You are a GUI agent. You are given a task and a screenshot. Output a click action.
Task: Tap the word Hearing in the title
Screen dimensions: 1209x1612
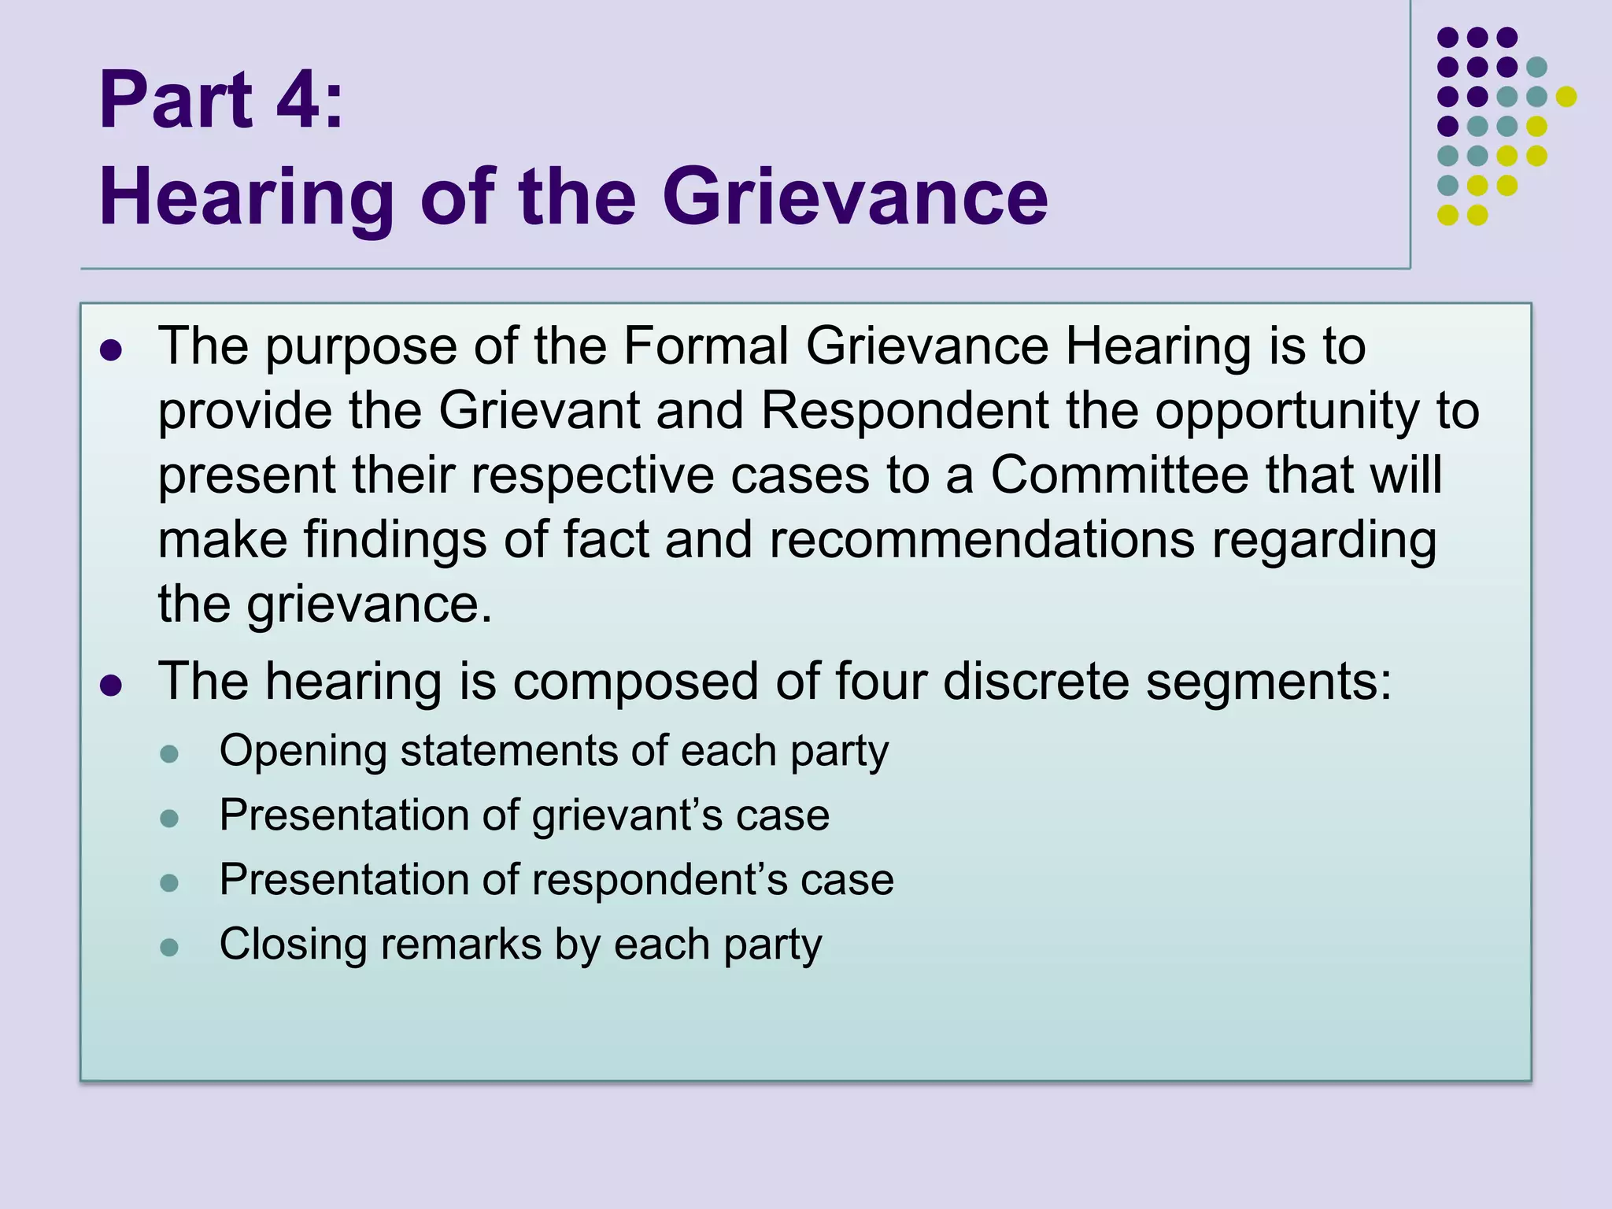[246, 198]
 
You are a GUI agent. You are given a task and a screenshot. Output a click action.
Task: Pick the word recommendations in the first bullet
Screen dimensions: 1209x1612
[982, 540]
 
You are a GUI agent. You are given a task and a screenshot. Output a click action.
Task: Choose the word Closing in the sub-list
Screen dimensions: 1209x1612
[293, 945]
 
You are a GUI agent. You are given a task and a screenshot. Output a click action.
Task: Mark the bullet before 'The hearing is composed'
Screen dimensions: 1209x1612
[111, 685]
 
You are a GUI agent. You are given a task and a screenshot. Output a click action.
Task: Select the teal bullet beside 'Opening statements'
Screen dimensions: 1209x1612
[169, 755]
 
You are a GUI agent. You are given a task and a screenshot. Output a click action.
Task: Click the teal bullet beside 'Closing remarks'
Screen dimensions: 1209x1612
[169, 947]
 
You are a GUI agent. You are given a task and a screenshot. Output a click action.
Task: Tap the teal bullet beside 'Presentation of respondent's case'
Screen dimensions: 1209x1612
[169, 882]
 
